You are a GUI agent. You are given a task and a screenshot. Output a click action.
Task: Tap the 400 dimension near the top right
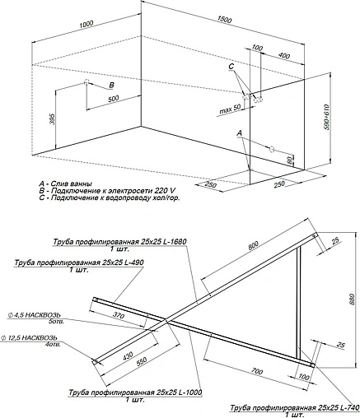coord(283,56)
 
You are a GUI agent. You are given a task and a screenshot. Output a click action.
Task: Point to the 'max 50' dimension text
coord(231,108)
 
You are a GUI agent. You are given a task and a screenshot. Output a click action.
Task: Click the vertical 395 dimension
coord(52,120)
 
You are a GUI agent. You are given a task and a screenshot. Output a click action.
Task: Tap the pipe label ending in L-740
coord(292,407)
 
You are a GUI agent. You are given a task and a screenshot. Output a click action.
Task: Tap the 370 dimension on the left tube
coord(119,316)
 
